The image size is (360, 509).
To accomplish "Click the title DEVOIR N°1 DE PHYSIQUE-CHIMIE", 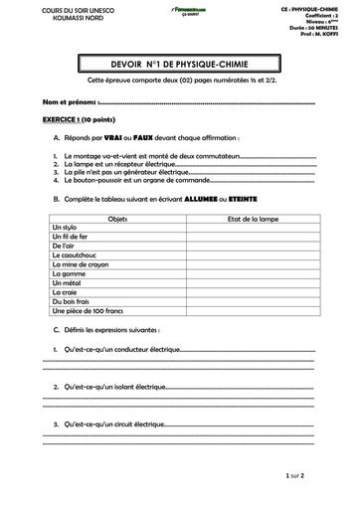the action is pos(179,65).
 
